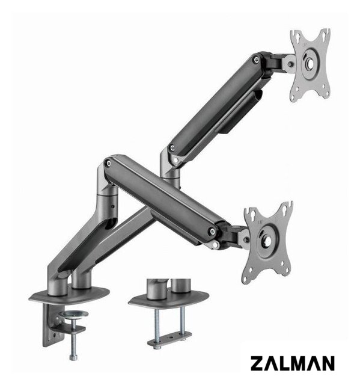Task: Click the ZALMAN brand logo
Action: pos(292,363)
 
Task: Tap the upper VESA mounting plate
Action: pos(310,65)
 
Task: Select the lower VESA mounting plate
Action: pos(268,242)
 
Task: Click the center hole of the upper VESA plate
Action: pos(311,64)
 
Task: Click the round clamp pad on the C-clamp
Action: pos(74,314)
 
